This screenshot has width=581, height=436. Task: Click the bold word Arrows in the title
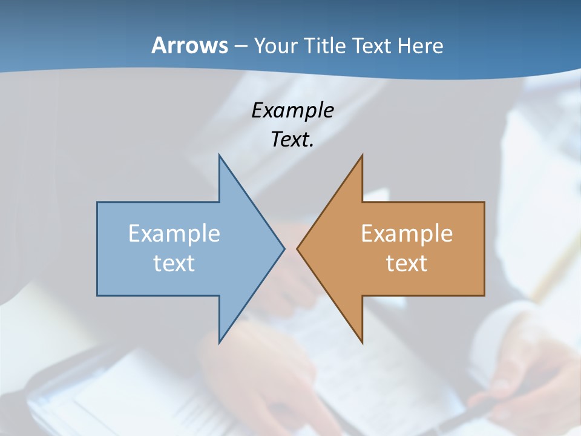pyautogui.click(x=189, y=45)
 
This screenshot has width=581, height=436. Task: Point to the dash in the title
pyautogui.click(x=240, y=46)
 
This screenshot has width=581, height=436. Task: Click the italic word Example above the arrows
pyautogui.click(x=292, y=110)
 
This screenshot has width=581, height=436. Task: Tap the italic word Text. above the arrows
pyautogui.click(x=292, y=139)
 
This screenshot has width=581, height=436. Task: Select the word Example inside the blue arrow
pyautogui.click(x=174, y=233)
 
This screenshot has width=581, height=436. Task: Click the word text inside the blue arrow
pyautogui.click(x=174, y=263)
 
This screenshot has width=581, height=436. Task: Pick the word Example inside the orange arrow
pyautogui.click(x=407, y=233)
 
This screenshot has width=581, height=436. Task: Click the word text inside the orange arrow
pyautogui.click(x=407, y=263)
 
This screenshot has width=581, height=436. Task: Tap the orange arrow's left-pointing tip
pyautogui.click(x=298, y=248)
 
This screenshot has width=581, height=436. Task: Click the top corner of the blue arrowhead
pyautogui.click(x=219, y=156)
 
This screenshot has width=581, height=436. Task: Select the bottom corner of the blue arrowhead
pyautogui.click(x=219, y=342)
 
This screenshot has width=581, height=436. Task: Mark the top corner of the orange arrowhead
pyautogui.click(x=362, y=156)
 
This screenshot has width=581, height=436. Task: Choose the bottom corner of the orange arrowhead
pyautogui.click(x=362, y=342)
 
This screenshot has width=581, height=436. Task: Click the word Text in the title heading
pyautogui.click(x=372, y=45)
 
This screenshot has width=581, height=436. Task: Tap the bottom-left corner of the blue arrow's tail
pyautogui.click(x=97, y=295)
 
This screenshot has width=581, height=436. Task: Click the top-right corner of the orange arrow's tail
pyautogui.click(x=484, y=202)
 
